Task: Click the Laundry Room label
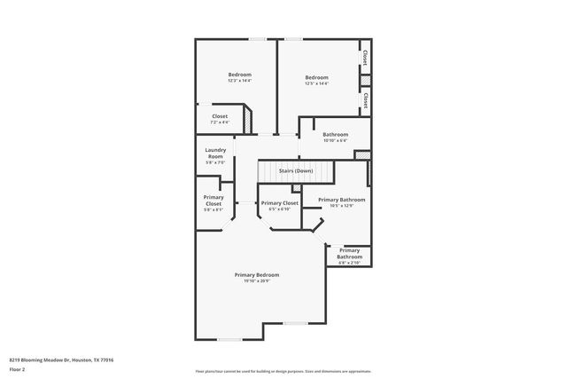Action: point(215,153)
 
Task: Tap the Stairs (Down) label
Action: point(295,170)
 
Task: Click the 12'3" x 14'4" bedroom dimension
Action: point(239,81)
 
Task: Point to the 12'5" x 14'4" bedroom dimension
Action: point(316,83)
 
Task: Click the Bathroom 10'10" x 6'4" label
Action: point(335,135)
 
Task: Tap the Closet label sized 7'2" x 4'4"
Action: point(219,116)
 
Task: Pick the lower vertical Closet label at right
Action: point(364,100)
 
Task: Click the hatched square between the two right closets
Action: point(364,79)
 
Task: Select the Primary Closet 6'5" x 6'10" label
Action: point(279,203)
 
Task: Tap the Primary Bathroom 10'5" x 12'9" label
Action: point(341,200)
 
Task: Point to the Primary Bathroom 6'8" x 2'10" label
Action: point(349,256)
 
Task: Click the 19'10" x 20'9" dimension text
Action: point(252,280)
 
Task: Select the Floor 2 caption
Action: point(16,368)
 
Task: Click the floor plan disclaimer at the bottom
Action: point(283,371)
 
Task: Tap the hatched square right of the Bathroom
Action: point(361,155)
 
